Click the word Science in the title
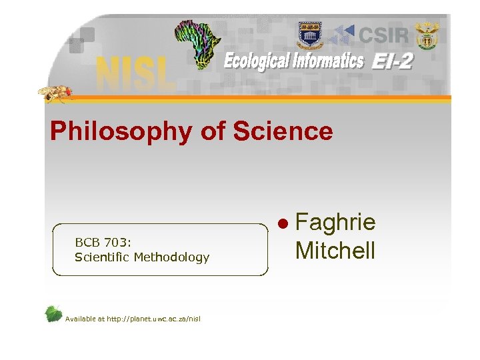click(283, 131)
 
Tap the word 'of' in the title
click(213, 131)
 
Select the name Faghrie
click(335, 223)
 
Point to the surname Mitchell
click(335, 250)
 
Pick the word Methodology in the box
click(172, 257)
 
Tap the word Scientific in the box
click(103, 257)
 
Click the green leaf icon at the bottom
click(54, 314)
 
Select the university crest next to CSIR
click(309, 33)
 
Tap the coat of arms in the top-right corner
click(427, 35)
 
